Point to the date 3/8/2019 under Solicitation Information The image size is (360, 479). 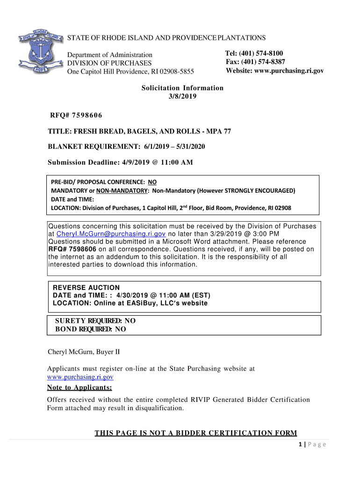coord(182,96)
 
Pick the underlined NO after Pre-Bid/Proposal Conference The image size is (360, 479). coord(152,182)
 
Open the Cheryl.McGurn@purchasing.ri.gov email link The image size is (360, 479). coord(111,234)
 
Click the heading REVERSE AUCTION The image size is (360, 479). coord(86,288)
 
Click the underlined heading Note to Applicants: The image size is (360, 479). coord(79,388)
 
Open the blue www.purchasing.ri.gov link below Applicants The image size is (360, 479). coord(80,377)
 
